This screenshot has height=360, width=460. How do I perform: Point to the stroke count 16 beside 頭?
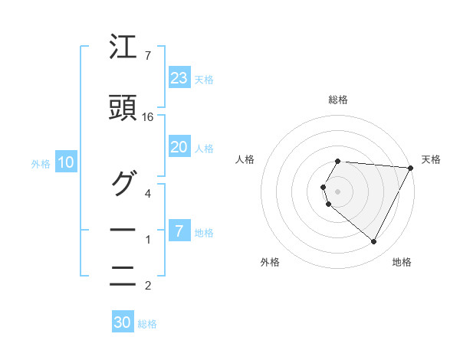click(x=148, y=117)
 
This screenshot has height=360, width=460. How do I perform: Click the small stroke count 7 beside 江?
click(x=147, y=56)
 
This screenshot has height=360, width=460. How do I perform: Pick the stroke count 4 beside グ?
click(x=148, y=193)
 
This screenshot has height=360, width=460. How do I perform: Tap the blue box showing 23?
click(x=179, y=78)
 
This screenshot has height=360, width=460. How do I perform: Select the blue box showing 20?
click(x=179, y=147)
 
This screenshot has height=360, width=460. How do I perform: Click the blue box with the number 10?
click(x=66, y=162)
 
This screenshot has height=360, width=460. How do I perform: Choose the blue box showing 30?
click(x=123, y=322)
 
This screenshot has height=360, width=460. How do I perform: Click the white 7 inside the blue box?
click(x=179, y=231)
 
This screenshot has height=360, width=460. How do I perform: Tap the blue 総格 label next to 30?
click(x=147, y=324)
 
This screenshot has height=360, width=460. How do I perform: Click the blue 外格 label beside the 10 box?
click(x=41, y=163)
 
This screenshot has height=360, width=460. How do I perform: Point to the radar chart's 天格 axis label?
click(x=431, y=159)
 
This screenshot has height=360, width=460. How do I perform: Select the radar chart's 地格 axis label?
click(x=402, y=262)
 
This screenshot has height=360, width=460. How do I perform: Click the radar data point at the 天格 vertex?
click(x=410, y=167)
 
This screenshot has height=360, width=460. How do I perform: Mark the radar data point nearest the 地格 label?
click(x=373, y=241)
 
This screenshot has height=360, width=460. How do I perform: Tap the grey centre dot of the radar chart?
click(x=337, y=191)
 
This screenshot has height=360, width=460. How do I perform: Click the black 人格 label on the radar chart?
click(x=245, y=159)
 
